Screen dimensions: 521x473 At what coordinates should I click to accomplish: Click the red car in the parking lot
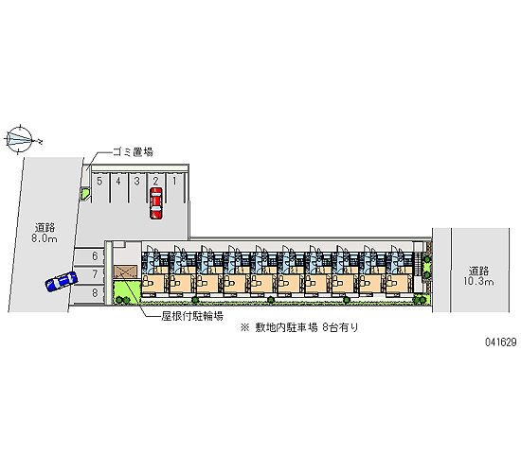(x=156, y=203)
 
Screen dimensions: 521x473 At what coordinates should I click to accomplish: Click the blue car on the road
(x=62, y=282)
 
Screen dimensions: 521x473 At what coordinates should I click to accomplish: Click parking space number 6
(x=89, y=256)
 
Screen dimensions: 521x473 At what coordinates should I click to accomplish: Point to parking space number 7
(x=89, y=274)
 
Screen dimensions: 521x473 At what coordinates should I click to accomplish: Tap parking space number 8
(x=88, y=293)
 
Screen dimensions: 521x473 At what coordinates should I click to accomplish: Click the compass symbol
(x=20, y=139)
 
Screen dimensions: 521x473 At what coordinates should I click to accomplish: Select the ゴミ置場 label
(x=133, y=152)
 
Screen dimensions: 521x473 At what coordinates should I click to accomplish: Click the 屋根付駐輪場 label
(x=192, y=316)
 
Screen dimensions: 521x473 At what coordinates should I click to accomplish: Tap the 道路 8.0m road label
(x=45, y=233)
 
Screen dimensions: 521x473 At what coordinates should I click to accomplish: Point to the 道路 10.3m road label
(x=478, y=276)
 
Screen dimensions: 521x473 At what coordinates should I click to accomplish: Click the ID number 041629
(x=501, y=342)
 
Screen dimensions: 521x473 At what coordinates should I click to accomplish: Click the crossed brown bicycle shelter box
(x=126, y=272)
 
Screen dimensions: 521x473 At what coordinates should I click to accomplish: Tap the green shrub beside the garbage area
(x=84, y=193)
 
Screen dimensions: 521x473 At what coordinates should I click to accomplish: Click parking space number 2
(x=156, y=181)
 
